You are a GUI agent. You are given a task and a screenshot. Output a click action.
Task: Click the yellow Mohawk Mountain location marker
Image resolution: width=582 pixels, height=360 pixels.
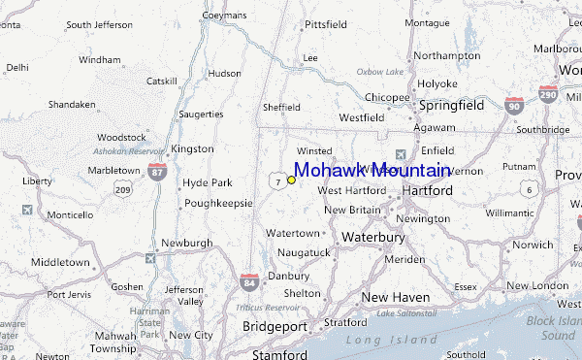pos(291,180)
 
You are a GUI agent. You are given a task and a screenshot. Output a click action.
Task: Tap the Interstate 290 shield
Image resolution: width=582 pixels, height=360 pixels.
pos(549,94)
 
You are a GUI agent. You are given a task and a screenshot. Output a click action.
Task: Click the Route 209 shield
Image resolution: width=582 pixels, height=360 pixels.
pos(122,189)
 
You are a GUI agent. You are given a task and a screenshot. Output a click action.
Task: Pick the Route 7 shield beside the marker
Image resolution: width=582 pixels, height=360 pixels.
pos(278,181)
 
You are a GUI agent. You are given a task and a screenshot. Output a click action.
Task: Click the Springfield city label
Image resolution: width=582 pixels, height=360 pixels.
pos(451,104)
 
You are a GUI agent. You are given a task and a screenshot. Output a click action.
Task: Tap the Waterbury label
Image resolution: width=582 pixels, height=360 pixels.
pos(372,237)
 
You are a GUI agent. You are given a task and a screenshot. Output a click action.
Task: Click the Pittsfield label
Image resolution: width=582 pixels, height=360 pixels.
pos(325,24)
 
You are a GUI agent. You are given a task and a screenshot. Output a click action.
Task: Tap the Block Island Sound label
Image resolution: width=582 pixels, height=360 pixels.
pos(551,327)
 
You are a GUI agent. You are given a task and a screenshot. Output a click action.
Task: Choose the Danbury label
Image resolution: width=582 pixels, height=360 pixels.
pos(288,276)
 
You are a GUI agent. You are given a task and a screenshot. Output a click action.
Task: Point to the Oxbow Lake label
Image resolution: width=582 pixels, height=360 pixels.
pos(378,71)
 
